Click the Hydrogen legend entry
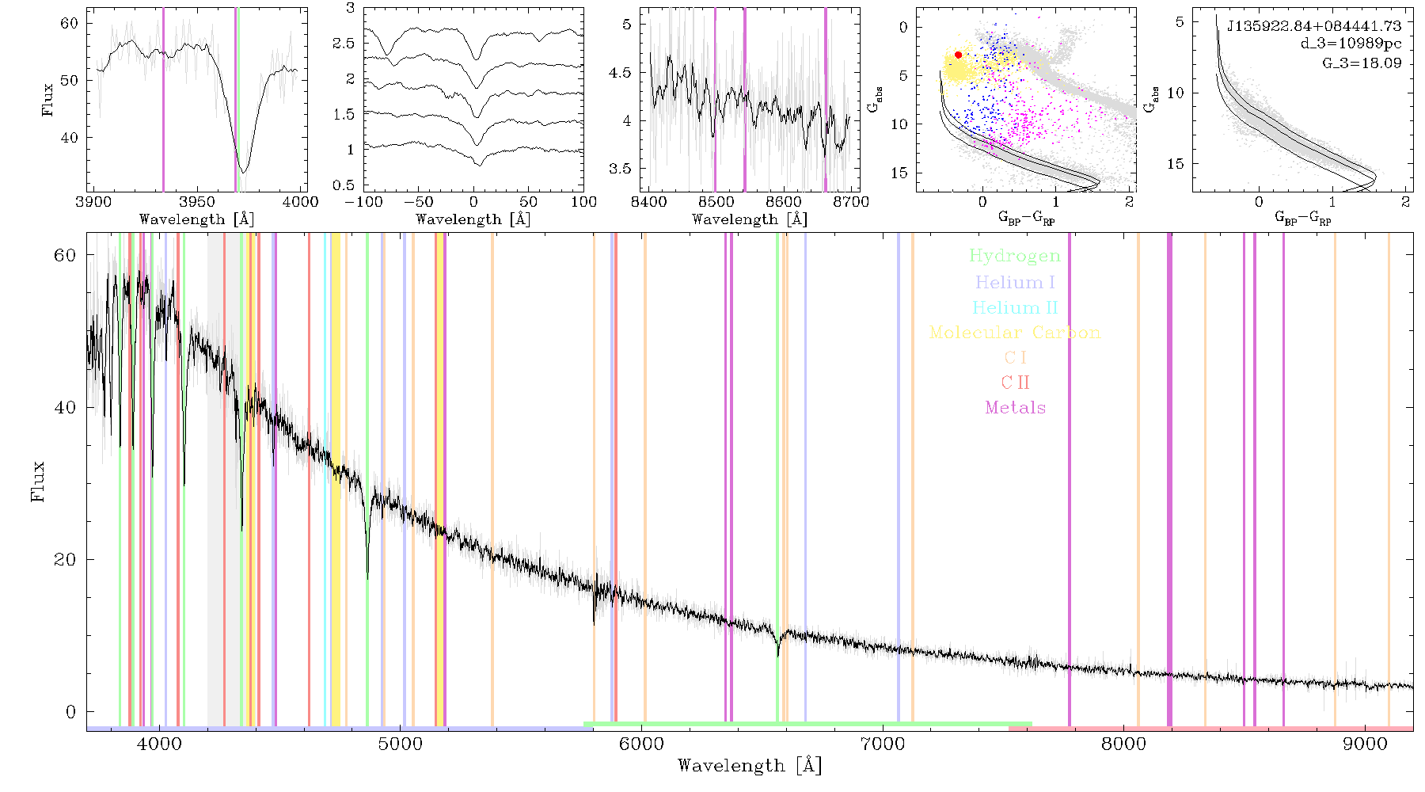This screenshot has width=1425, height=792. pyautogui.click(x=1014, y=256)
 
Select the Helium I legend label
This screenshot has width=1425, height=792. pyautogui.click(x=1015, y=282)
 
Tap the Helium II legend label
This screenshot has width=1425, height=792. pyautogui.click(x=1015, y=307)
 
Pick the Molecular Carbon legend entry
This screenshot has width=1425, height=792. pyautogui.click(x=1015, y=332)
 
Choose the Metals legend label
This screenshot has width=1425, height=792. pyautogui.click(x=1016, y=407)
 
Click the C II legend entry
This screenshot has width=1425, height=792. pyautogui.click(x=1016, y=383)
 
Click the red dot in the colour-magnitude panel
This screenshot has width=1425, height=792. pyautogui.click(x=958, y=55)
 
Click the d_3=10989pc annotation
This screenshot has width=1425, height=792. pyautogui.click(x=1351, y=44)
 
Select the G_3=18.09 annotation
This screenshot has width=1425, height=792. pyautogui.click(x=1362, y=63)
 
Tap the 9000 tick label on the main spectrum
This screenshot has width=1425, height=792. pyautogui.click(x=1365, y=744)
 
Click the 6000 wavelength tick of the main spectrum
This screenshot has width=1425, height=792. pyautogui.click(x=641, y=744)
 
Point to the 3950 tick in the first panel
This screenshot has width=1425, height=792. pyautogui.click(x=197, y=201)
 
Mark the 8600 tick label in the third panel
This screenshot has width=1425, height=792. pyautogui.click(x=785, y=201)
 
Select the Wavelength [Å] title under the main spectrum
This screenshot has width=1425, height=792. pyautogui.click(x=750, y=765)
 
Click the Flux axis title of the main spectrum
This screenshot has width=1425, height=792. pyautogui.click(x=37, y=482)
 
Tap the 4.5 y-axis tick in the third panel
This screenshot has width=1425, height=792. pyautogui.click(x=621, y=73)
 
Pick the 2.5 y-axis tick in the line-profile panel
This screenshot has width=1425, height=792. pyautogui.click(x=344, y=44)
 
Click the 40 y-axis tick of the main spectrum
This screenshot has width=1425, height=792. pyautogui.click(x=65, y=407)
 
